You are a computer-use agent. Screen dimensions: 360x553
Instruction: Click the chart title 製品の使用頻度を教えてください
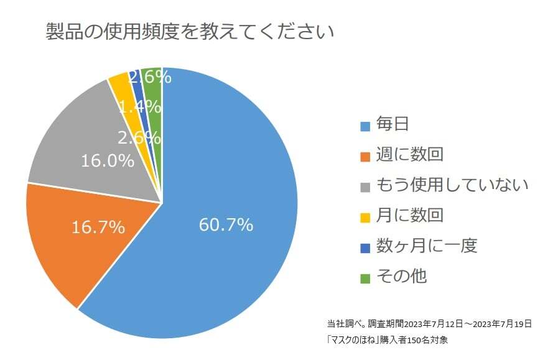[190, 32]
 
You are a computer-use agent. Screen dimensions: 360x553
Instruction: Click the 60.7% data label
[226, 224]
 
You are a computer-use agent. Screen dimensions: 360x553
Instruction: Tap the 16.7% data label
[98, 228]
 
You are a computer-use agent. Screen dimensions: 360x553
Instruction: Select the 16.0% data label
[108, 160]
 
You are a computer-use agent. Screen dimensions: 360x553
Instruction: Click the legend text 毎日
[393, 124]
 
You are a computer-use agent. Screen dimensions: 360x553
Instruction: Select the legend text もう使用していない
[452, 185]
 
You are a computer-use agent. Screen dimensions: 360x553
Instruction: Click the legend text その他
[401, 275]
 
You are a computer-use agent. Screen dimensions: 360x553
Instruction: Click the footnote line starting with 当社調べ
[429, 324]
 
